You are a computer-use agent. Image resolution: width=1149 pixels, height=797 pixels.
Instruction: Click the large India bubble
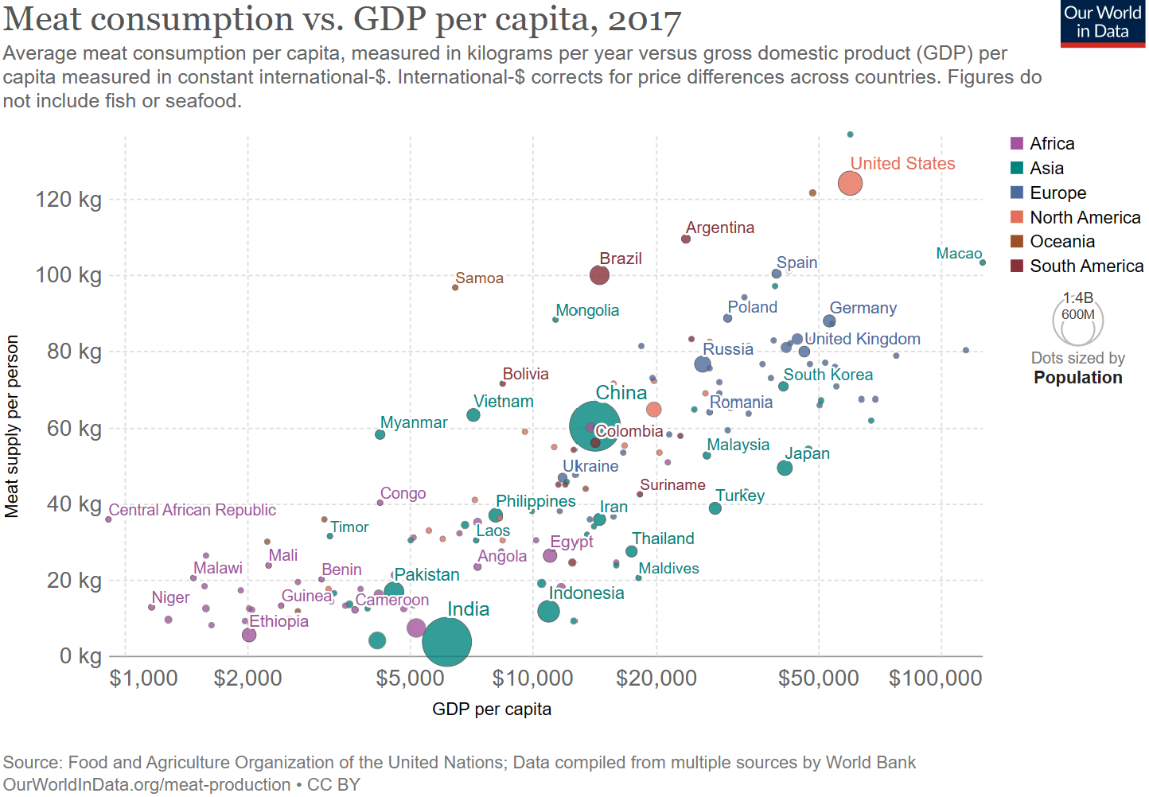tap(446, 641)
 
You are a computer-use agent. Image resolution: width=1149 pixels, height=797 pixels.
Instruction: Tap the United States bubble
tap(850, 183)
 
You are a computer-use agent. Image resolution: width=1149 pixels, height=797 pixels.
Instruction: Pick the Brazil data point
tap(599, 275)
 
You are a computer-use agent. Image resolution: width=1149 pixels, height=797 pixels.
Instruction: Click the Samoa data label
tap(479, 278)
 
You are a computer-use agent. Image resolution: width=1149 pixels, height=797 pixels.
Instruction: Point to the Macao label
tap(958, 254)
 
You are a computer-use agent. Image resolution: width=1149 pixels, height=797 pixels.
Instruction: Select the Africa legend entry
tap(1051, 144)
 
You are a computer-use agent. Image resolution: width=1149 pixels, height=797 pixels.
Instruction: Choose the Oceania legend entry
tap(1061, 242)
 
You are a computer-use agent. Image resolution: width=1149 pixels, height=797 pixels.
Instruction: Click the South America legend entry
tap(1085, 266)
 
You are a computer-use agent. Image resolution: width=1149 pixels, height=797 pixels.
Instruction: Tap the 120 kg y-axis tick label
tap(68, 200)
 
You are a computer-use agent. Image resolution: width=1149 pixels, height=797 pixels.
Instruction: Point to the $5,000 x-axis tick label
tap(410, 678)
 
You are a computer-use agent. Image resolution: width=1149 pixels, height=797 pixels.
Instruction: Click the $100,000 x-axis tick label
tap(935, 678)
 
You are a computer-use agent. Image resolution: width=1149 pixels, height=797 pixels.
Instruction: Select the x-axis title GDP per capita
tap(491, 710)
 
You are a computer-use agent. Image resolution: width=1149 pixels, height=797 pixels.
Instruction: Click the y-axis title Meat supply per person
tap(12, 426)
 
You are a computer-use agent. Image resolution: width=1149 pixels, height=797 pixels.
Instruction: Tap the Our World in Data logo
tap(1102, 23)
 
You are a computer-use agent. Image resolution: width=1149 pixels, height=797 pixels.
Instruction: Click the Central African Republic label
tap(192, 510)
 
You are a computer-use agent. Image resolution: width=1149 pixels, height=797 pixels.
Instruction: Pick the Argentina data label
tap(719, 228)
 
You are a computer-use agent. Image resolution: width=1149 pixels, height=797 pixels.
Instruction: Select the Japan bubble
tap(785, 468)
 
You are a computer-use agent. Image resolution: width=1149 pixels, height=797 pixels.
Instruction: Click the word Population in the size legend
tap(1077, 378)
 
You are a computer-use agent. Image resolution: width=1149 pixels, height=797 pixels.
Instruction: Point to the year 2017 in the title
tap(645, 20)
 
